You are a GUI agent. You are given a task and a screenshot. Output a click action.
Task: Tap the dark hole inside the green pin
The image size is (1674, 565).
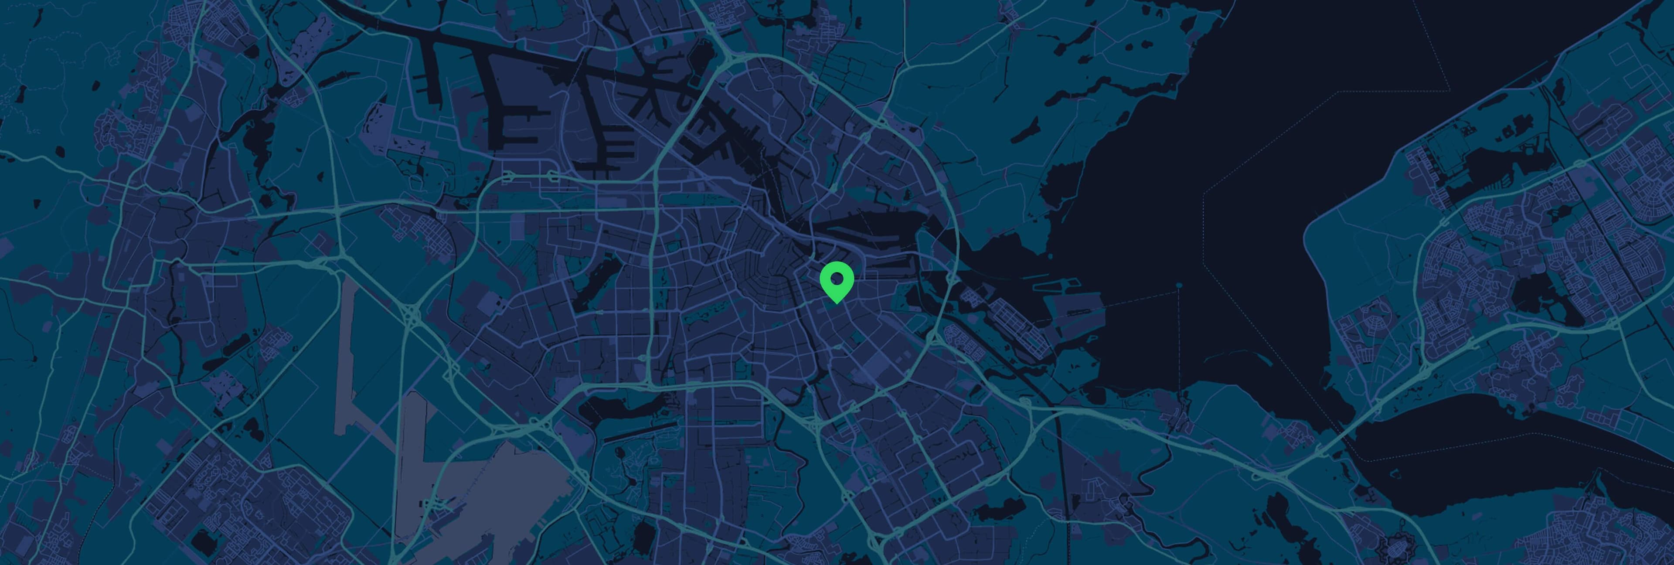(x=837, y=279)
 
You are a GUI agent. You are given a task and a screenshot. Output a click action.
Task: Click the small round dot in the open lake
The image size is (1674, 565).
(x=1179, y=285)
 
